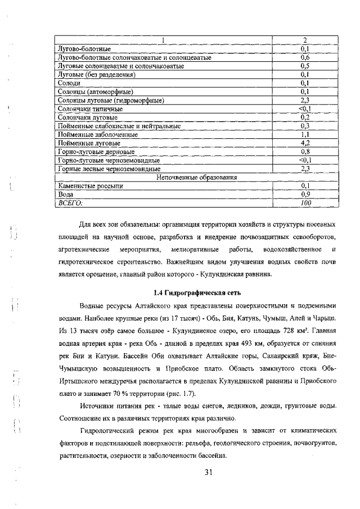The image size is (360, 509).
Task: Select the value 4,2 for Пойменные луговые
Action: point(305,144)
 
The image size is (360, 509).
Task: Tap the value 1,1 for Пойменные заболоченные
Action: point(305,136)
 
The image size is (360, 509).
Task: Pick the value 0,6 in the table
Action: point(305,57)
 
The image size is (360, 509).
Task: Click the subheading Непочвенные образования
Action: point(196,177)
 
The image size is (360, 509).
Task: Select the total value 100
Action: point(305,202)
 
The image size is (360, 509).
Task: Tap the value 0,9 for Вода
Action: point(305,194)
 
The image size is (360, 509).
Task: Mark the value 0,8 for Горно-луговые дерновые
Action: point(305,152)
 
